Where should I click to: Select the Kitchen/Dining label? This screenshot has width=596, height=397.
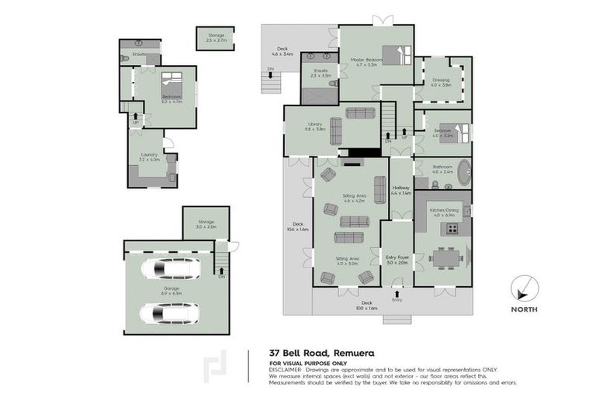441,210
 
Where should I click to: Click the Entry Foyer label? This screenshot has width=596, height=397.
397,261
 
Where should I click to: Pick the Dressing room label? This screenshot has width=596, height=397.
441,81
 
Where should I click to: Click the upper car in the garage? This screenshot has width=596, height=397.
169,268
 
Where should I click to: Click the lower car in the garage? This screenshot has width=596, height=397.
169,313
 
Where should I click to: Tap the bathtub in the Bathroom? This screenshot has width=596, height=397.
464,172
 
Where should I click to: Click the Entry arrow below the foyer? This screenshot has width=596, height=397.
397,295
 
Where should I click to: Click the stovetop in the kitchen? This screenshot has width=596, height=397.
449,229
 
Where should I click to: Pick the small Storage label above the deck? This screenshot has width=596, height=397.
215,35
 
